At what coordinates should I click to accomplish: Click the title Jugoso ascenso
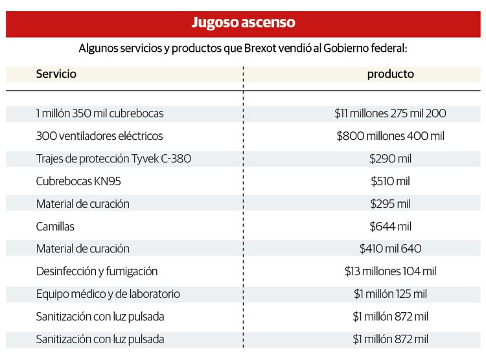click(x=243, y=23)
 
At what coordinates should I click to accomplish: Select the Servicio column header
click(x=56, y=74)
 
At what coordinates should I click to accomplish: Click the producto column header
click(x=390, y=74)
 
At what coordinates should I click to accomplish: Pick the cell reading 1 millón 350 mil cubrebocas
click(x=100, y=113)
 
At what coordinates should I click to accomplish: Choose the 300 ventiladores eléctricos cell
click(x=99, y=136)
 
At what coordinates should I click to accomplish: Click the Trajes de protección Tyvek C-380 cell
click(x=113, y=159)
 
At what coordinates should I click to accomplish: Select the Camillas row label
click(x=55, y=227)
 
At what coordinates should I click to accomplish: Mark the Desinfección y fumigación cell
click(x=97, y=271)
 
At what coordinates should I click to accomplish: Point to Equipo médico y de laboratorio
click(x=108, y=294)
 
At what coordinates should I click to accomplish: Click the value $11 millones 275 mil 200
click(x=390, y=113)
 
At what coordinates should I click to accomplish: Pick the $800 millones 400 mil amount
click(x=390, y=136)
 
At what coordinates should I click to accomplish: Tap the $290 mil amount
click(x=390, y=159)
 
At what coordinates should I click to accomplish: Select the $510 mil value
click(x=390, y=181)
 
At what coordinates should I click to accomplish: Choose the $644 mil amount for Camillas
click(x=390, y=227)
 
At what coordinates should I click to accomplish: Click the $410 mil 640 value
click(x=390, y=249)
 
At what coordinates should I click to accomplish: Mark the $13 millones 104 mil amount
click(x=390, y=271)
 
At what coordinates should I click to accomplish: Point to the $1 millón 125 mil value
click(x=390, y=294)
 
